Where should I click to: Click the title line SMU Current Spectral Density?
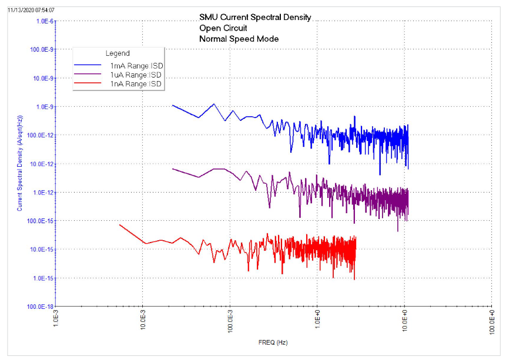[255, 17]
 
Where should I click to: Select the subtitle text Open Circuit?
[223, 28]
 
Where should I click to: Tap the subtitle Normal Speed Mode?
[239, 39]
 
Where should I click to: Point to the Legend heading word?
[118, 53]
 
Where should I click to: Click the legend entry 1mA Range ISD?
[136, 66]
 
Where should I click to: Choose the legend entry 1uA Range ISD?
[136, 75]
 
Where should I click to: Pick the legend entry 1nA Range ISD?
[136, 85]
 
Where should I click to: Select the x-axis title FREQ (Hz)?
[273, 342]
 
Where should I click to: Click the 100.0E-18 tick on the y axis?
[41, 307]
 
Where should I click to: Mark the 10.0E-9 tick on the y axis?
[42, 78]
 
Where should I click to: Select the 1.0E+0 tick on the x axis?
[317, 323]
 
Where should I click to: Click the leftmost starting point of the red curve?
[120, 225]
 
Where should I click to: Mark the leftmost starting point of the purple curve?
[172, 169]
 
